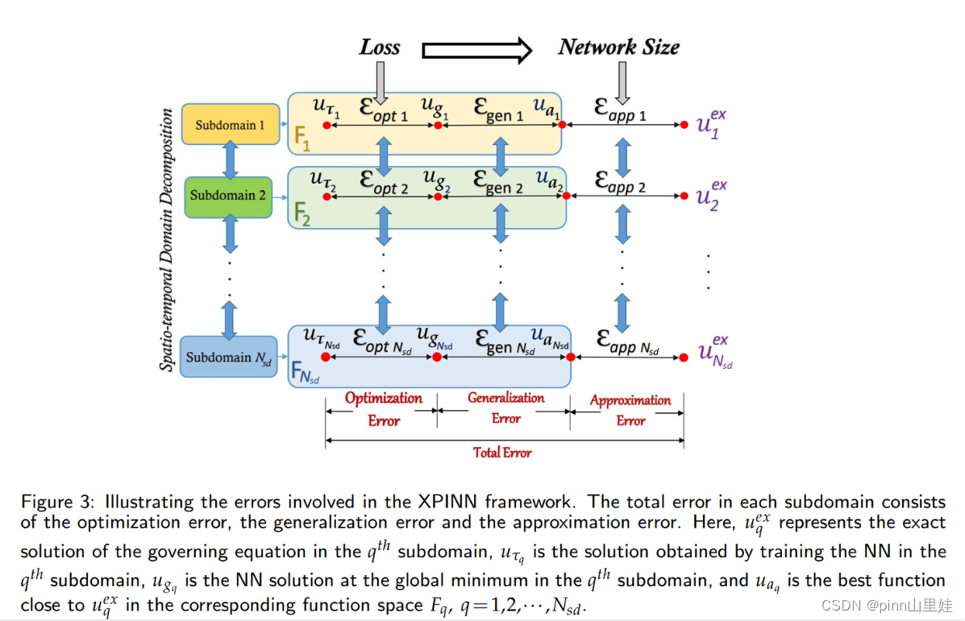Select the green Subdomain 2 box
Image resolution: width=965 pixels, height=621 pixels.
coord(228,195)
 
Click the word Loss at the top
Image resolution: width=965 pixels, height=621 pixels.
coord(380,48)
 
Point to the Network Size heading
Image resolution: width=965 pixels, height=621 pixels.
coord(618,48)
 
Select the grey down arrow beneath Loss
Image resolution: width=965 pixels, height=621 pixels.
coord(381,82)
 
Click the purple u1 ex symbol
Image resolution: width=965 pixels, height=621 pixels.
coord(712,124)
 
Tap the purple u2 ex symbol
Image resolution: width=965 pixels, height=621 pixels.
coord(712,195)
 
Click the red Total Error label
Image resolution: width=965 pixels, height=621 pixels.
coord(502,453)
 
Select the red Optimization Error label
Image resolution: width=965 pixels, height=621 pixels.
coord(384,409)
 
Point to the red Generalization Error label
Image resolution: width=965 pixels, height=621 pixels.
coord(505,408)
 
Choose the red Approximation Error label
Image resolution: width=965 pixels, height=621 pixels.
coord(630,410)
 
